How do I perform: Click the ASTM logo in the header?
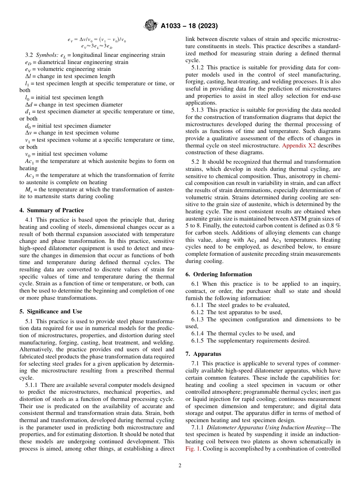tap(150, 26)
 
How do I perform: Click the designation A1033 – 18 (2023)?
tap(189, 26)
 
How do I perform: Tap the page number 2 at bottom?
tap(180, 466)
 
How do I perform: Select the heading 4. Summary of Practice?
tap(52, 210)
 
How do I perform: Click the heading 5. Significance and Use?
tap(50, 311)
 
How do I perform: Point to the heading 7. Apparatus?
tap(203, 354)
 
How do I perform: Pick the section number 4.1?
tap(29, 220)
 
